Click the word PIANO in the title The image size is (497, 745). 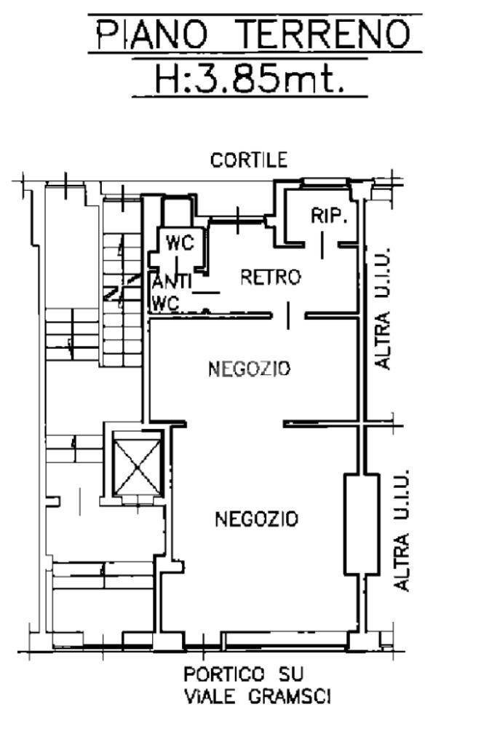[153, 34]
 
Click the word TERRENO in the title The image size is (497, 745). [326, 34]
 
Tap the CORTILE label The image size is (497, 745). [249, 160]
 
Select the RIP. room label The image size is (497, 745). [330, 216]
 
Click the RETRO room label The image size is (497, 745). [271, 277]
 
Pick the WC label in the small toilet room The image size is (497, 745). [180, 243]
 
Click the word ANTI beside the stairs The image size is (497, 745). [171, 283]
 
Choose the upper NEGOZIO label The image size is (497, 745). [249, 368]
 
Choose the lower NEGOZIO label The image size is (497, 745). [256, 519]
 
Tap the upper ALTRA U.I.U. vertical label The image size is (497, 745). [382, 308]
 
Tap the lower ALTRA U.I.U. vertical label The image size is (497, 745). [402, 531]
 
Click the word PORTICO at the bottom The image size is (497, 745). [224, 674]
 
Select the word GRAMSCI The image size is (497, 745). [290, 697]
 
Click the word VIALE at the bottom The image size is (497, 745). [210, 697]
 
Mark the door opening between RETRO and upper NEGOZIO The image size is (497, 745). [288, 315]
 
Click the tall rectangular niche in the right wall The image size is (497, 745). [361, 524]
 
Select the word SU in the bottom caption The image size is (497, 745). [290, 674]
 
